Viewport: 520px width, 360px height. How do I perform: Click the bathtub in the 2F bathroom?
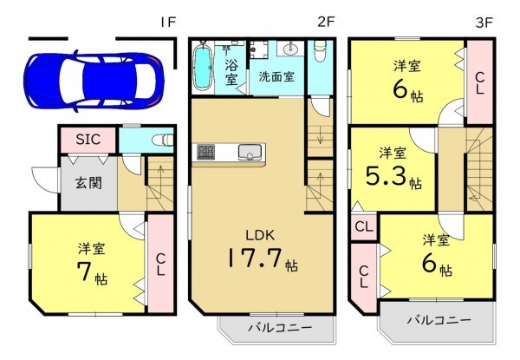[x=204, y=67]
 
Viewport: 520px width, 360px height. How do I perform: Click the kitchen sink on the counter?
[x=250, y=154]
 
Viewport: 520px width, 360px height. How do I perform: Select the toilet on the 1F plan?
[x=162, y=139]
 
